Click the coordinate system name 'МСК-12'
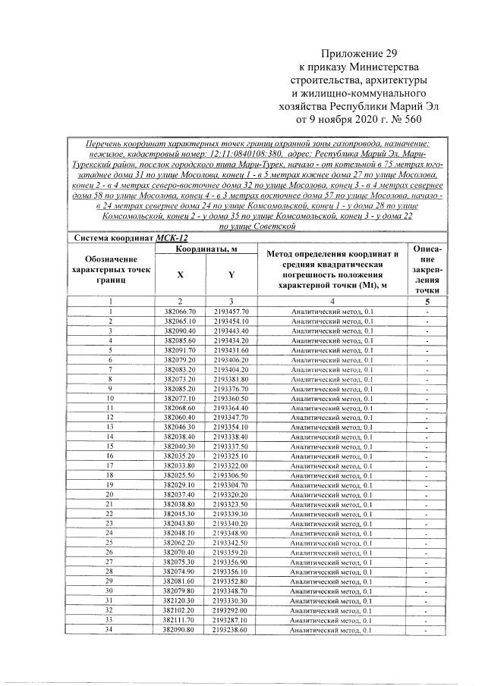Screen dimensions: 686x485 pos(172,237)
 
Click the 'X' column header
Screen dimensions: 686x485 pos(180,275)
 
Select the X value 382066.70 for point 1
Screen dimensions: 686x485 pos(180,312)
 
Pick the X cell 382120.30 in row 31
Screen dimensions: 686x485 pos(180,600)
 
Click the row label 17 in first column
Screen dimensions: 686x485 pos(110,465)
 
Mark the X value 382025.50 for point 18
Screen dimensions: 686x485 pos(180,475)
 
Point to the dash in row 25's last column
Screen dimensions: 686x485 pos(428,543)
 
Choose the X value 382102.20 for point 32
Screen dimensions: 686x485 pos(180,609)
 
